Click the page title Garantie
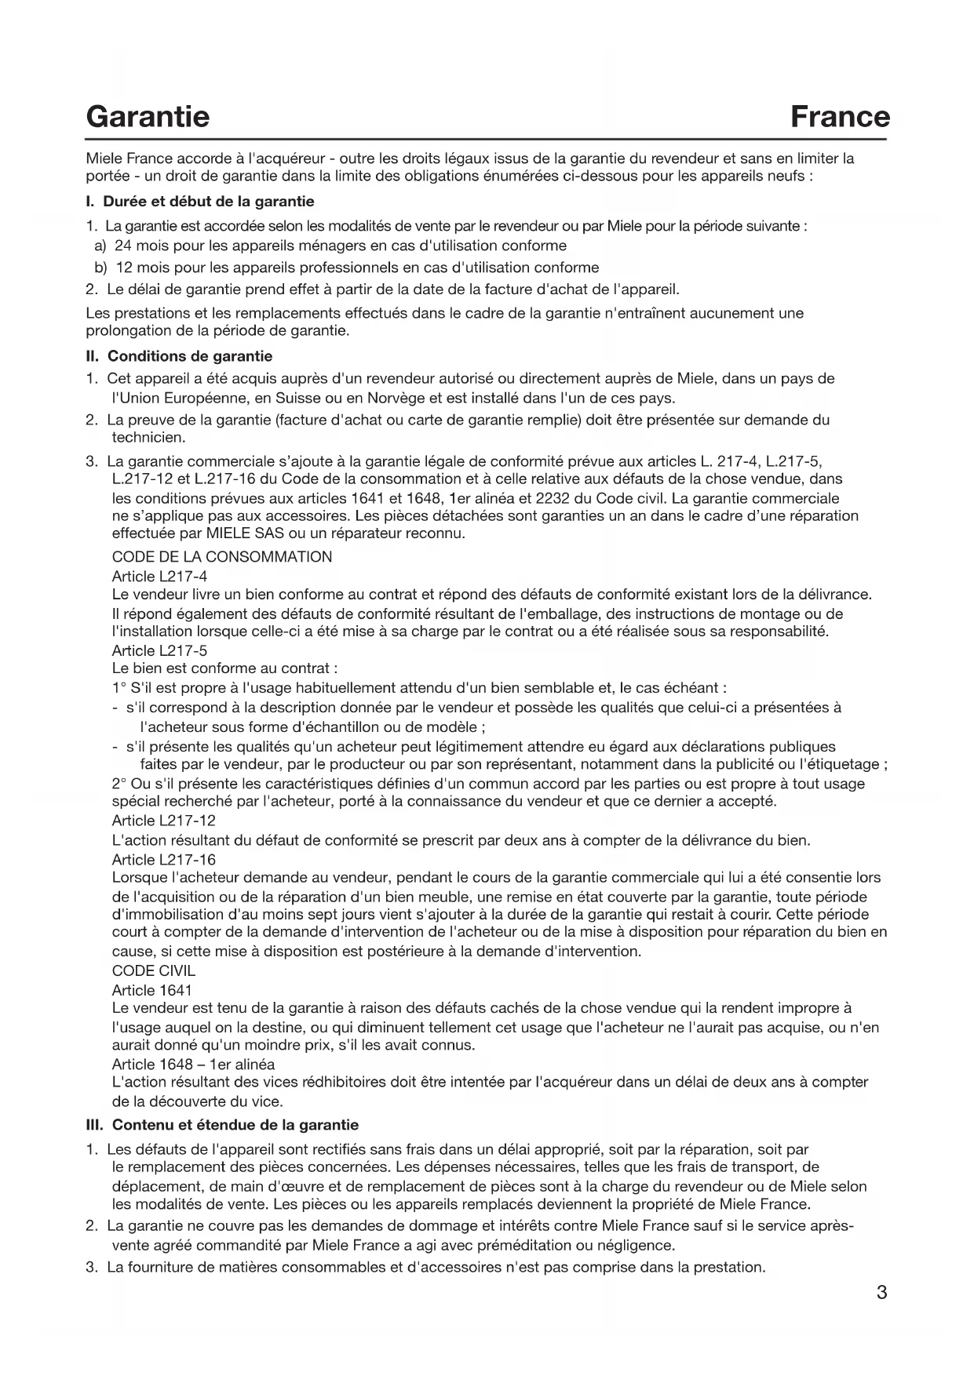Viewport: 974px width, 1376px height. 148,117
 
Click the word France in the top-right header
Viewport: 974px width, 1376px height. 840,117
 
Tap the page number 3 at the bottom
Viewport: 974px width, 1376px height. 881,1292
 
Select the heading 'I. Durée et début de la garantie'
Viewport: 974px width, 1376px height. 200,202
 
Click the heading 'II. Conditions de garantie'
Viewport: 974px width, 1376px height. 179,357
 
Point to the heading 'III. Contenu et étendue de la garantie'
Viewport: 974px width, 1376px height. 222,1125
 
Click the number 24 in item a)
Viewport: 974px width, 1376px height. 123,246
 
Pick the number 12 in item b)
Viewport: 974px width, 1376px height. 123,268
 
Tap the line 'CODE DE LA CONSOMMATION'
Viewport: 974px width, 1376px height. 222,557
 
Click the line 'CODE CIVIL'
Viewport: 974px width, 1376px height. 154,970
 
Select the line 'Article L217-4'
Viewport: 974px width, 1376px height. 159,577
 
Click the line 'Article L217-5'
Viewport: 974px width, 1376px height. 159,650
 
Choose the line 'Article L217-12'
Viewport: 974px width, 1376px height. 163,821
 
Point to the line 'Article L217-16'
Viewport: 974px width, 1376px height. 163,860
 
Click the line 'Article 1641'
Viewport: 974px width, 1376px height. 151,990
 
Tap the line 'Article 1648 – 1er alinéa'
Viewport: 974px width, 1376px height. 193,1065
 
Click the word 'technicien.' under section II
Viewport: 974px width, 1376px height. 148,438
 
